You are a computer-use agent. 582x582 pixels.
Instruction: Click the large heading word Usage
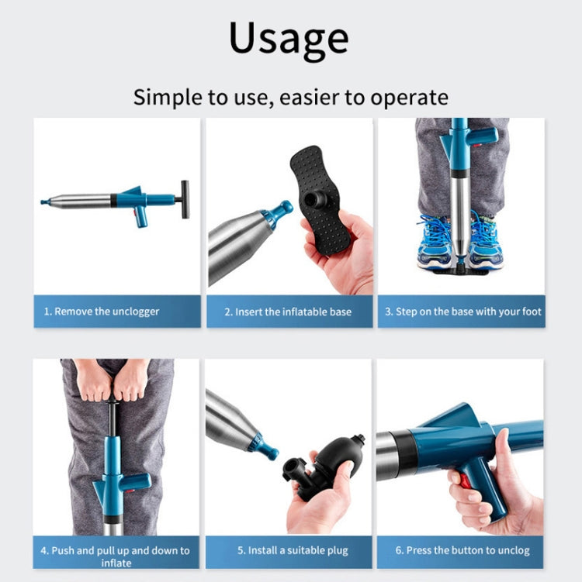point(289,38)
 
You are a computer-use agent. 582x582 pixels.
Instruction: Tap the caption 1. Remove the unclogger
point(101,312)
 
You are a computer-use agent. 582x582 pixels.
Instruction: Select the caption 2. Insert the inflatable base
point(288,312)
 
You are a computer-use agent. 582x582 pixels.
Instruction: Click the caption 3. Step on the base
point(463,312)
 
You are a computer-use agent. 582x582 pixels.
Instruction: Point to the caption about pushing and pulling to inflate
point(115,556)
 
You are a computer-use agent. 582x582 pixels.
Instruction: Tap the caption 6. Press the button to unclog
point(462,551)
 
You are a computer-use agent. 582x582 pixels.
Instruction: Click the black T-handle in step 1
point(185,199)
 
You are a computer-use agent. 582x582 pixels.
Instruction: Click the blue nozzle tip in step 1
point(45,202)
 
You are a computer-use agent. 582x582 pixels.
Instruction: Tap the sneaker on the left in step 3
point(435,242)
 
